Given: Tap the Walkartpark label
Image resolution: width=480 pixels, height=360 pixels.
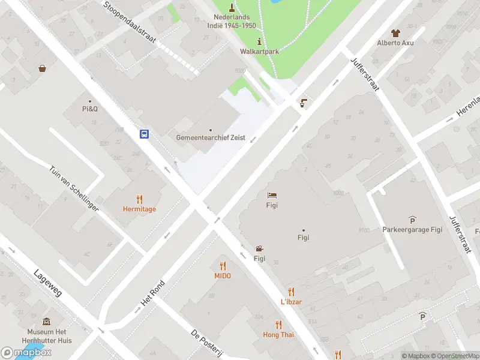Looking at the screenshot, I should click(x=259, y=52).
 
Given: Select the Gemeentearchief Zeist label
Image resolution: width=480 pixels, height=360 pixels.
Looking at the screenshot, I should click(x=211, y=137).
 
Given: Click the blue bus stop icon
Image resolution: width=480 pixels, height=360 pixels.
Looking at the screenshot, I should click(x=145, y=134).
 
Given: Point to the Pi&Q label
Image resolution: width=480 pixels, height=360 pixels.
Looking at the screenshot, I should click(x=90, y=109).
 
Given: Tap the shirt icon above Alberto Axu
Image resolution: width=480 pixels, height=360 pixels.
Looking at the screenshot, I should click(x=395, y=32).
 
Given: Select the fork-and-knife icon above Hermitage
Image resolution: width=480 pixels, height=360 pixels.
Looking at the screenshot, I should click(x=139, y=199).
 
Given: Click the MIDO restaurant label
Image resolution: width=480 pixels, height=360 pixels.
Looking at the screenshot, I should click(x=223, y=276).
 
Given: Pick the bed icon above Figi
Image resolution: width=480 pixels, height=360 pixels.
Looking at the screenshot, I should click(x=272, y=195).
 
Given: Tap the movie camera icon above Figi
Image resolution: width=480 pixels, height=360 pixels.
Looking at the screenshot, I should click(x=259, y=249).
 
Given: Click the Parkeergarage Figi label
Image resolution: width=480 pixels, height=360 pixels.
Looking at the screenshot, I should click(x=412, y=229).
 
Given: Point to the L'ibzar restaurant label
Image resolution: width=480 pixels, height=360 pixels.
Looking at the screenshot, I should click(x=291, y=301).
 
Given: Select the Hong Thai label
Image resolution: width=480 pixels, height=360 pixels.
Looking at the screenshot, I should click(x=278, y=334).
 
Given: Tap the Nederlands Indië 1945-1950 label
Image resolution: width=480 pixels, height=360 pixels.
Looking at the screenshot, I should click(x=235, y=22).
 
